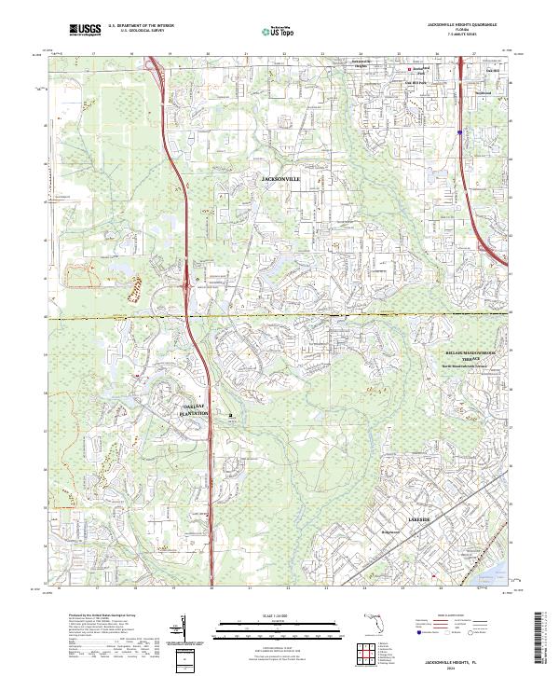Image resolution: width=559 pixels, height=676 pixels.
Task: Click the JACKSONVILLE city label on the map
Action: (279, 175)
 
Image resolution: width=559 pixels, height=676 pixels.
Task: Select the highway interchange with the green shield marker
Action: (191, 276)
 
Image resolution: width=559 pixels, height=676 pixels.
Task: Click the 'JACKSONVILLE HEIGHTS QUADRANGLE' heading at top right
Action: (462, 24)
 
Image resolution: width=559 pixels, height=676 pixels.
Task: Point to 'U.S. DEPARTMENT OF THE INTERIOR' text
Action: (141, 25)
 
